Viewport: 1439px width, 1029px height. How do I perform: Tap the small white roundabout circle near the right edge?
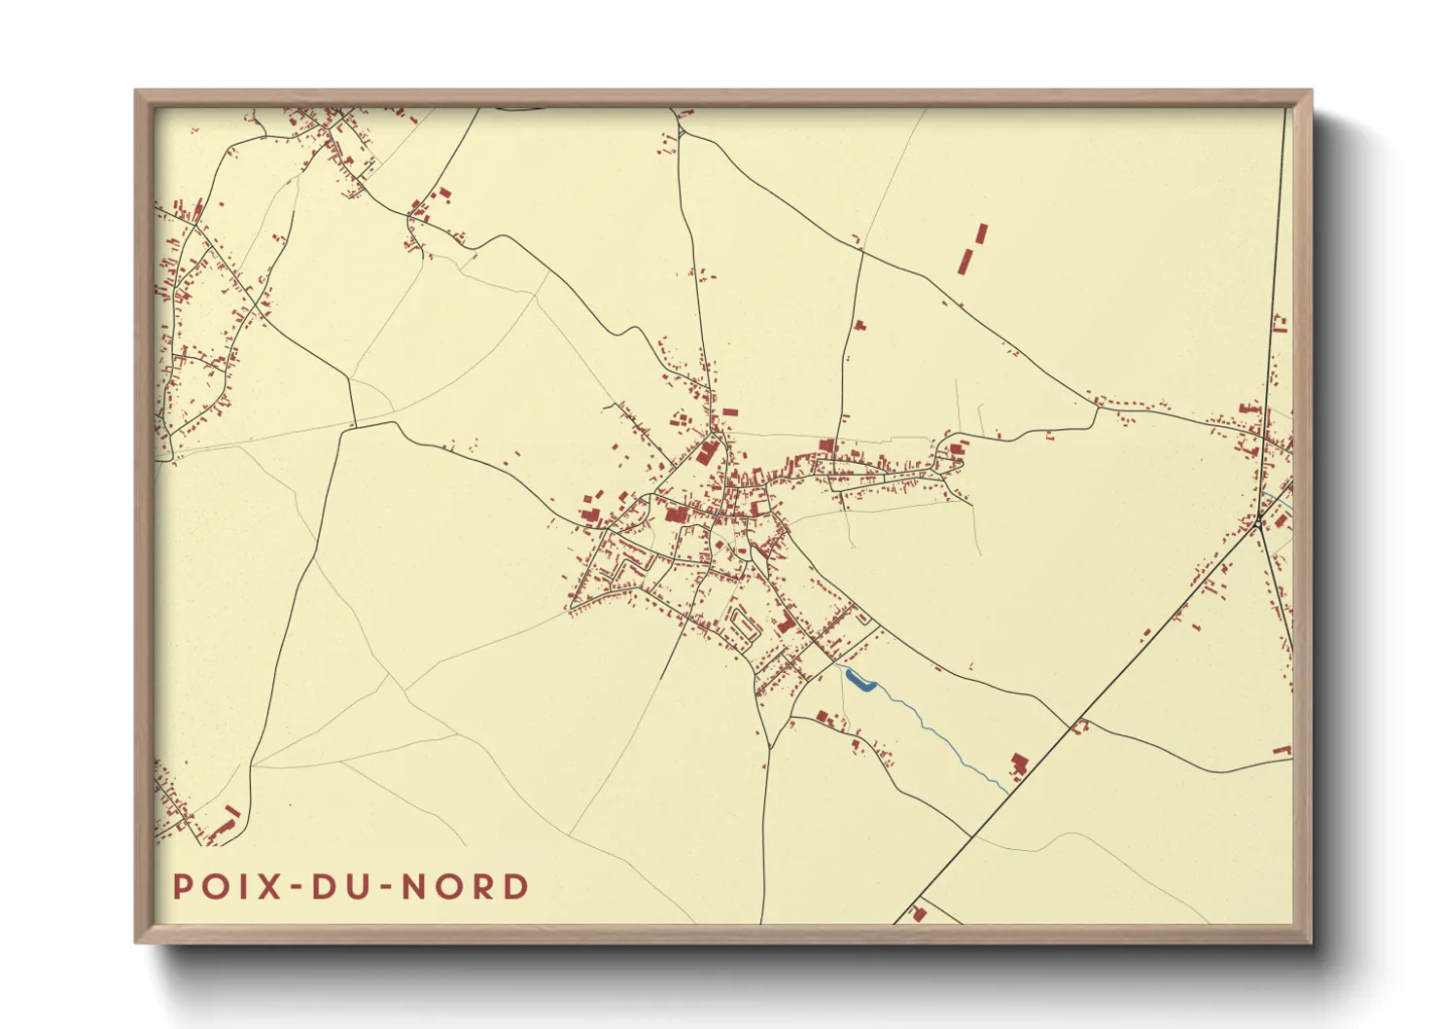point(1257,524)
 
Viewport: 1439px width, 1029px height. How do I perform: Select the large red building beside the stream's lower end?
point(1019,763)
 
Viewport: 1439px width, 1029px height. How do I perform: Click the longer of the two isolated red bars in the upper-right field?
point(965,261)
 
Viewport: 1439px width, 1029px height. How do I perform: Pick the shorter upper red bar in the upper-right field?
point(981,233)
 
